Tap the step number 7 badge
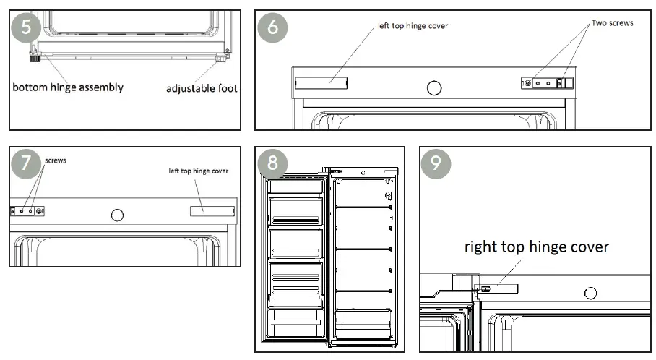click(27, 163)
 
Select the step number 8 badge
click(272, 163)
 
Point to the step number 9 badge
click(436, 163)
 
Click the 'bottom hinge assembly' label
click(68, 87)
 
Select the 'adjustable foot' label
click(202, 88)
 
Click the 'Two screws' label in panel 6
click(612, 23)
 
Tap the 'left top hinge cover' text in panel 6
click(413, 26)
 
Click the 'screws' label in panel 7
click(56, 160)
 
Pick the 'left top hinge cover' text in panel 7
click(199, 171)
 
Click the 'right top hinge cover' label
click(536, 247)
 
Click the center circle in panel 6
click(433, 87)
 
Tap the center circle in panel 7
click(116, 215)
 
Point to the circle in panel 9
click(590, 293)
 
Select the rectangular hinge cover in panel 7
click(212, 210)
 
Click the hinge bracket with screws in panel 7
click(28, 211)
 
